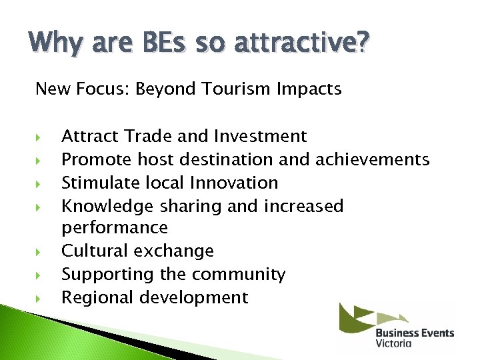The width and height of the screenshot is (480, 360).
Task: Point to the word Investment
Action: pyautogui.click(x=261, y=136)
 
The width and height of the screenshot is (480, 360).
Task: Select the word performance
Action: pyautogui.click(x=114, y=228)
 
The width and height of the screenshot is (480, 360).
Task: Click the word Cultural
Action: pyautogui.click(x=95, y=251)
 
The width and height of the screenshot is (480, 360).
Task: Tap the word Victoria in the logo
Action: pyautogui.click(x=393, y=343)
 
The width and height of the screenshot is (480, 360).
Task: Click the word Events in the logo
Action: pyautogui.click(x=437, y=333)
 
